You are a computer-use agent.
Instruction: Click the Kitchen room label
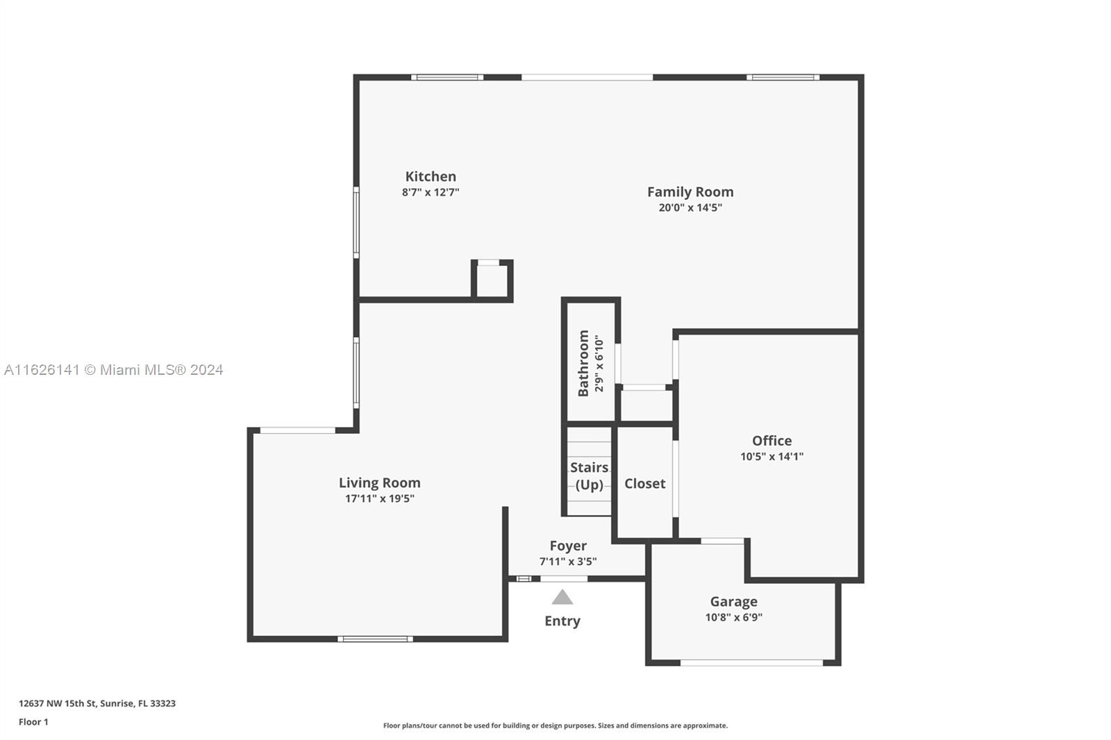coord(431,176)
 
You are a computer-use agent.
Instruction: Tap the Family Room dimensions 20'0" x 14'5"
coord(690,208)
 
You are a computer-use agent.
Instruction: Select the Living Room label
coord(379,482)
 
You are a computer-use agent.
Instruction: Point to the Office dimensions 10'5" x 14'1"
coord(771,456)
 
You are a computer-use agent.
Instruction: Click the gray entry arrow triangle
coord(562,597)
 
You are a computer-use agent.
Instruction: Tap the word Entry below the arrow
coord(562,621)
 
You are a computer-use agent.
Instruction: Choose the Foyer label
coord(568,546)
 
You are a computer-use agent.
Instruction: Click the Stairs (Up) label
coord(590,476)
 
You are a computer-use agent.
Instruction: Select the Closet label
coord(645,484)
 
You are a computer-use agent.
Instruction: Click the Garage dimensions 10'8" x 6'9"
coord(733,617)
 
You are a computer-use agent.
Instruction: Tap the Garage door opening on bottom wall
coord(751,663)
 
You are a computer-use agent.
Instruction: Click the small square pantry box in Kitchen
coord(492,280)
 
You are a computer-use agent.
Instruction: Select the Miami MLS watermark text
coord(114,370)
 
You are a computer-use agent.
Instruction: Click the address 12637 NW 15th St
coord(58,703)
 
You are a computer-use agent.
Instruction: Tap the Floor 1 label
coord(34,722)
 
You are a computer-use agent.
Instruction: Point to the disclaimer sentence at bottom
coord(555,725)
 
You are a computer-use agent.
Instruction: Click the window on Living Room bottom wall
coord(376,639)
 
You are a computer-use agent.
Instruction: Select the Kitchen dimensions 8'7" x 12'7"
coord(431,192)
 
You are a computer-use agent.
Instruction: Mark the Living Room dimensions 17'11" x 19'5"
coord(379,498)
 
